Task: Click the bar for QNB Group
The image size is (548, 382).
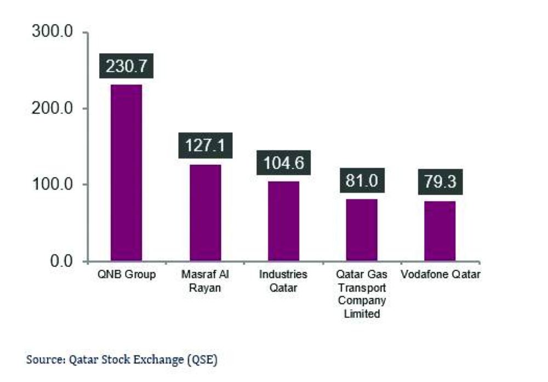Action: [x=126, y=173]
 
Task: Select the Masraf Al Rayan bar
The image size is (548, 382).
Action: [x=205, y=213]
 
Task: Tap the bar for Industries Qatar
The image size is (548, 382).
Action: [x=283, y=221]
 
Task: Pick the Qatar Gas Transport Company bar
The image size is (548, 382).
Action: [x=362, y=230]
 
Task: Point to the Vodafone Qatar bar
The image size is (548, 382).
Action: [x=440, y=231]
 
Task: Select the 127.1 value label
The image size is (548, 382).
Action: [x=205, y=146]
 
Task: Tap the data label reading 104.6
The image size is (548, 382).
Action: [x=283, y=163]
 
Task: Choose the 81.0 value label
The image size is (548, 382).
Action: [x=362, y=180]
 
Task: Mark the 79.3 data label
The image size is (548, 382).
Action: [x=440, y=181]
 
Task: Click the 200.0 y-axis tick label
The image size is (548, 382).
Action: [x=54, y=108]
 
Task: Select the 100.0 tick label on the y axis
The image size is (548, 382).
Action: [x=54, y=184]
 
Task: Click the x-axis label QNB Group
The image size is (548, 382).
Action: [x=126, y=275]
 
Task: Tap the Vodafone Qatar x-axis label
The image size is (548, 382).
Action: [x=440, y=275]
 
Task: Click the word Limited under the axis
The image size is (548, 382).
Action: [x=362, y=314]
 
